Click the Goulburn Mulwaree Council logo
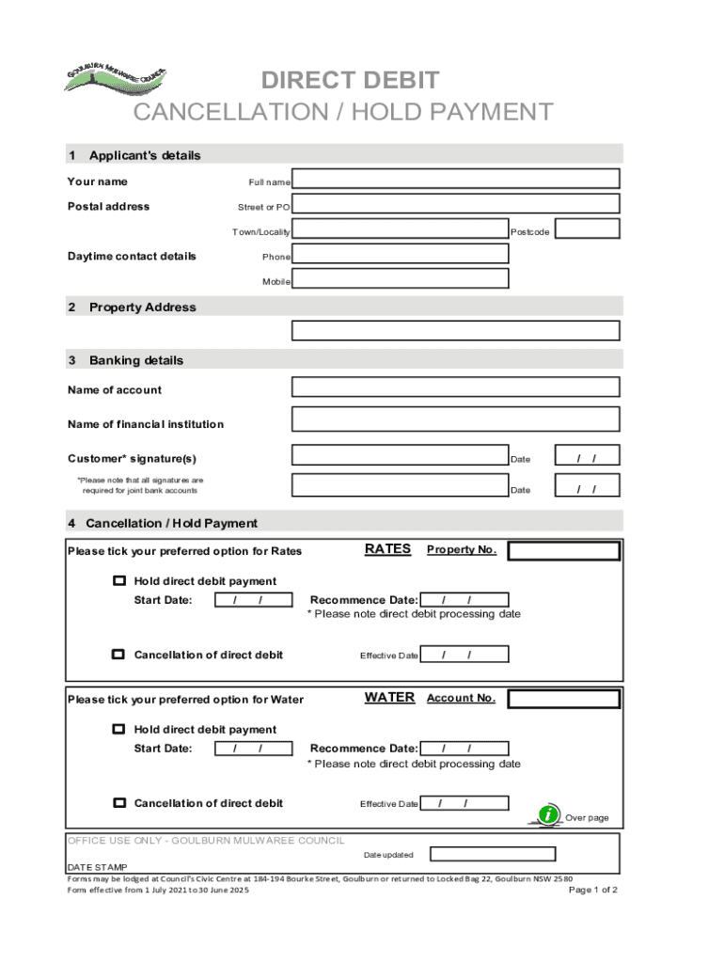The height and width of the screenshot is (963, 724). pyautogui.click(x=116, y=79)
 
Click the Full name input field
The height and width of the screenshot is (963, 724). pyautogui.click(x=456, y=179)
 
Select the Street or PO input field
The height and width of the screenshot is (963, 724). pyautogui.click(x=456, y=204)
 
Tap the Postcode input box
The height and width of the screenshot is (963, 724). pyautogui.click(x=588, y=229)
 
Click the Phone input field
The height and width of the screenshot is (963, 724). pyautogui.click(x=401, y=254)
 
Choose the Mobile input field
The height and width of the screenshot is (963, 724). pyautogui.click(x=401, y=278)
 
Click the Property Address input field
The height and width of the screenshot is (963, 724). pyautogui.click(x=456, y=330)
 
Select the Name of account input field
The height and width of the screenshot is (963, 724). pyautogui.click(x=456, y=387)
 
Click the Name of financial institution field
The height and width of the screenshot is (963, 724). pyautogui.click(x=456, y=419)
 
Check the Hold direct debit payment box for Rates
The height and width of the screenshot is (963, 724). pyautogui.click(x=119, y=581)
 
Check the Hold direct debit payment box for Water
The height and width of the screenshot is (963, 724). pyautogui.click(x=119, y=729)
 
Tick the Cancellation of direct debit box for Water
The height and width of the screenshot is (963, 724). pyautogui.click(x=119, y=803)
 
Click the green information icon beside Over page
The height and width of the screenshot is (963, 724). pyautogui.click(x=547, y=815)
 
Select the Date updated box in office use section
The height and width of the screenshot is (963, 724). pyautogui.click(x=493, y=854)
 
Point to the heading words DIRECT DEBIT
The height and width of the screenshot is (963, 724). pyautogui.click(x=350, y=81)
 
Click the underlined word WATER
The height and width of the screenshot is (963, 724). pyautogui.click(x=389, y=698)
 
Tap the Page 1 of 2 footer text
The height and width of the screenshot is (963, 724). pyautogui.click(x=593, y=890)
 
